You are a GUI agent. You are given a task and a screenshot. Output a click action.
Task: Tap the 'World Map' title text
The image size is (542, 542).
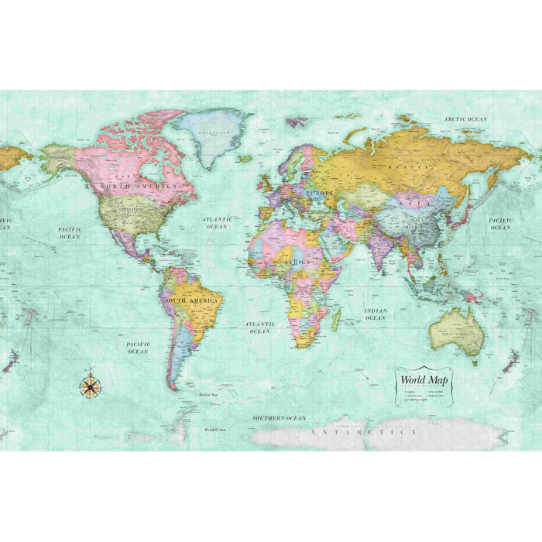[423, 380]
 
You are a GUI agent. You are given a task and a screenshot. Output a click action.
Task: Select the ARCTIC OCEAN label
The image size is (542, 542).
[465, 118]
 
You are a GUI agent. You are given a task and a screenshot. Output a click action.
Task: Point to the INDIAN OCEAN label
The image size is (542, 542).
[375, 314]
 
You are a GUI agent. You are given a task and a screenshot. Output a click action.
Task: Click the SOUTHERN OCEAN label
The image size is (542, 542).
[280, 418]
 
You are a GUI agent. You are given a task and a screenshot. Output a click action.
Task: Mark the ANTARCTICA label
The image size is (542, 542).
[363, 432]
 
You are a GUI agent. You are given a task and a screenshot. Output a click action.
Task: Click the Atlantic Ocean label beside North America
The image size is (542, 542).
[217, 223]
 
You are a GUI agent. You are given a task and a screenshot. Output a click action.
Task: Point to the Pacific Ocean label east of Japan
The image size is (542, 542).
[500, 224]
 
